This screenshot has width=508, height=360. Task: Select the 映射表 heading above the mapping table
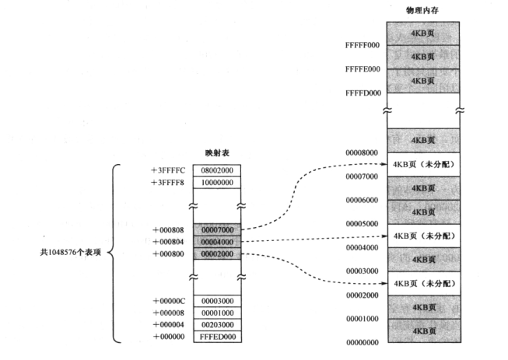pyautogui.click(x=220, y=154)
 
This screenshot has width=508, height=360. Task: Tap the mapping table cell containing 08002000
pyautogui.click(x=220, y=170)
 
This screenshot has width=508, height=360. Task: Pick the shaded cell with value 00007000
pyautogui.click(x=220, y=229)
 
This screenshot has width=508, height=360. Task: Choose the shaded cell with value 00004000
pyautogui.click(x=220, y=241)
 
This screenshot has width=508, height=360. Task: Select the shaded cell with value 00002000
pyautogui.click(x=220, y=253)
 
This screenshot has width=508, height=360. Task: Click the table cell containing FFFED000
pyautogui.click(x=220, y=337)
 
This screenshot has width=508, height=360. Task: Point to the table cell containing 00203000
pyautogui.click(x=220, y=325)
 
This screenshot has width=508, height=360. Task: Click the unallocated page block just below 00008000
pyautogui.click(x=422, y=164)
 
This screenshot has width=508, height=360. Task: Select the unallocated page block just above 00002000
pyautogui.click(x=422, y=283)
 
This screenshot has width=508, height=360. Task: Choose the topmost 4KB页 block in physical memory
pyautogui.click(x=422, y=33)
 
